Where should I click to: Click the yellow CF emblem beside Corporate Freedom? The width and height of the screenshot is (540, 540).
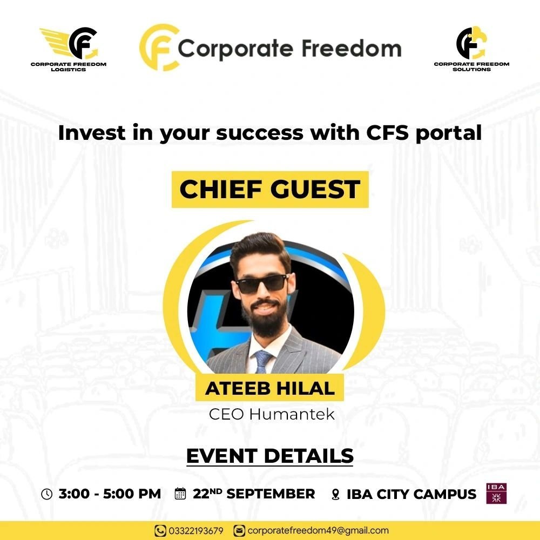tap(159, 48)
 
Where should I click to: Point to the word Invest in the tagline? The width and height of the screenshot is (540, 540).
tap(92, 133)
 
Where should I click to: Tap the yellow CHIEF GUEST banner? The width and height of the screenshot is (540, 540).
tap(270, 190)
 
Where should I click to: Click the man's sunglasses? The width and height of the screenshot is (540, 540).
tap(262, 283)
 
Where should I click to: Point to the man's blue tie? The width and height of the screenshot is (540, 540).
tap(262, 362)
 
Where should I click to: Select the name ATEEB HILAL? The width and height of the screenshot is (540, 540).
tap(270, 388)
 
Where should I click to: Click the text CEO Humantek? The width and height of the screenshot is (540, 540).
tap(272, 414)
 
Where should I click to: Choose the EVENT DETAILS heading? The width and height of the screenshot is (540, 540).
tap(270, 456)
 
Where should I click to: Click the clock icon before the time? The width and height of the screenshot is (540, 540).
tap(47, 494)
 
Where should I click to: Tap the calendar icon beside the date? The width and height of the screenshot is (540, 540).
tap(180, 494)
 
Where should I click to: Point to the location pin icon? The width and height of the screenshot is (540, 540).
tap(335, 495)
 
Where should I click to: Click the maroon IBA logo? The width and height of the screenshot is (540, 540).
tap(496, 494)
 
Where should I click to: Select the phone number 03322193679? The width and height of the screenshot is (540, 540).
tap(196, 531)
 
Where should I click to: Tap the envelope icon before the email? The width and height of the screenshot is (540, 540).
tap(239, 531)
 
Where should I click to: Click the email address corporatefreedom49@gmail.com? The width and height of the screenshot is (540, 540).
tap(318, 531)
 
